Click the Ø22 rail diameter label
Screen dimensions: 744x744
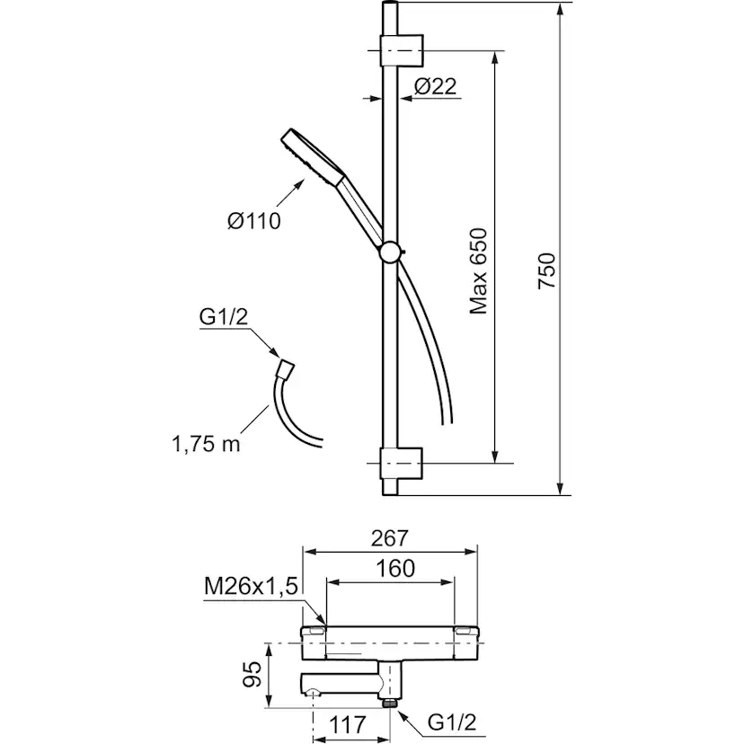pyautogui.click(x=436, y=86)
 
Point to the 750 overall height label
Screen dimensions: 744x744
pyautogui.click(x=547, y=270)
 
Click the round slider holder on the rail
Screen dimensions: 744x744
pyautogui.click(x=391, y=252)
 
